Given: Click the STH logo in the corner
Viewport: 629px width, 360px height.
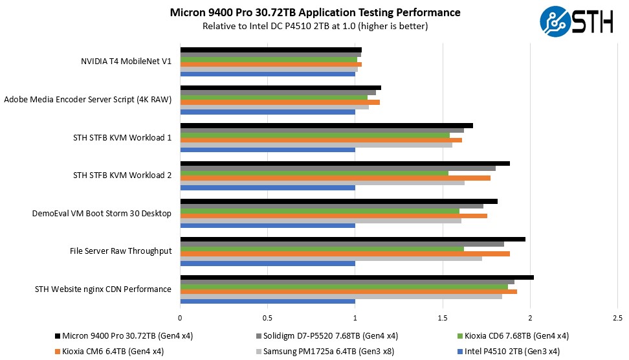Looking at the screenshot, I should pyautogui.click(x=577, y=20).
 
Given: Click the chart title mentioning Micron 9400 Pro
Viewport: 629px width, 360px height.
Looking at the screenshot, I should pyautogui.click(x=315, y=12).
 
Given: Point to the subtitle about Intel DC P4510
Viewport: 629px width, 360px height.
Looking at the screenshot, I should pyautogui.click(x=315, y=26).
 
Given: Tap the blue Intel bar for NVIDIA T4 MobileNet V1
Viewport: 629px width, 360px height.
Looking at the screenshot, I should pyautogui.click(x=267, y=74).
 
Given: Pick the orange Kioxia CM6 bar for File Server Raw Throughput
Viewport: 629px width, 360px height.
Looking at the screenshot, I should pyautogui.click(x=345, y=253).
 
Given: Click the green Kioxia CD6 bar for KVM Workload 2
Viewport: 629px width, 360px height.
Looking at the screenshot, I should pyautogui.click(x=314, y=173).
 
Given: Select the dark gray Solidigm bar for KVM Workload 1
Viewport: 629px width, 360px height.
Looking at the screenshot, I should pyautogui.click(x=322, y=130).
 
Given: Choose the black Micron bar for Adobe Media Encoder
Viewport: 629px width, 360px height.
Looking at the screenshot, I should pyautogui.click(x=280, y=87).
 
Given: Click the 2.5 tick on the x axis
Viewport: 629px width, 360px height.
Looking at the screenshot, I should pyautogui.click(x=617, y=318).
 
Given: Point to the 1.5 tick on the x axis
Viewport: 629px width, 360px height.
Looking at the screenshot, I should pyautogui.click(x=443, y=318).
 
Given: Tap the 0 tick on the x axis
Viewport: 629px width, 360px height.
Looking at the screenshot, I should pyautogui.click(x=180, y=318).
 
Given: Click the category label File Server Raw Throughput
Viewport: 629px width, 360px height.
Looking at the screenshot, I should pyautogui.click(x=120, y=251).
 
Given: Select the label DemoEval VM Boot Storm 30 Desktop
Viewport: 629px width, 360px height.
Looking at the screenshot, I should pyautogui.click(x=102, y=213).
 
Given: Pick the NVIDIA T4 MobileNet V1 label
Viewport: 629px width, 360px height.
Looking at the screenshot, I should pyautogui.click(x=126, y=62).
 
